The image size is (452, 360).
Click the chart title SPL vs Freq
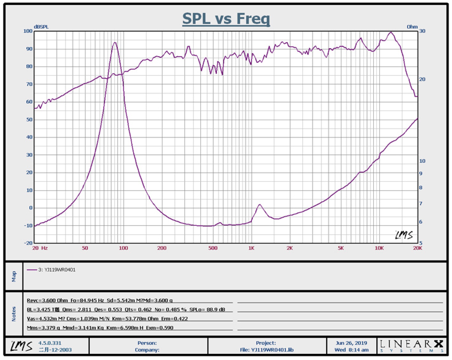(x=226, y=19)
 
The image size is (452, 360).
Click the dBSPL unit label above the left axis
(x=41, y=27)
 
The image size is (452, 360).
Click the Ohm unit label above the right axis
(x=412, y=27)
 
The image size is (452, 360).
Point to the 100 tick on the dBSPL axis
(x=28, y=31)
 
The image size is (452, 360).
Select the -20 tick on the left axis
(x=28, y=243)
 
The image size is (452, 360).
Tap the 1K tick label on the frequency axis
(x=251, y=248)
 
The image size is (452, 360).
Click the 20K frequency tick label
(x=417, y=248)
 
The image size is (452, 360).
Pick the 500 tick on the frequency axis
(x=213, y=248)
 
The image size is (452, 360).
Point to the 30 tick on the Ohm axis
(x=422, y=31)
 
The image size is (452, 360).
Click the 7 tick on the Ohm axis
(x=421, y=203)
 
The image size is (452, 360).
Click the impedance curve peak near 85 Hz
(x=115, y=43)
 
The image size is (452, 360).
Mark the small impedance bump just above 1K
(x=260, y=205)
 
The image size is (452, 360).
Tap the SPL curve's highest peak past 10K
(x=391, y=32)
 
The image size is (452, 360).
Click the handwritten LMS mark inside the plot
(x=404, y=235)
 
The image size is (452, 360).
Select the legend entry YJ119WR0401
(x=56, y=270)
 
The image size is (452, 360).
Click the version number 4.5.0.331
(x=50, y=343)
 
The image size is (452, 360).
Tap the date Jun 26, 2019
(x=351, y=343)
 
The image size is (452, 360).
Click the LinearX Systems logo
(x=411, y=346)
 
